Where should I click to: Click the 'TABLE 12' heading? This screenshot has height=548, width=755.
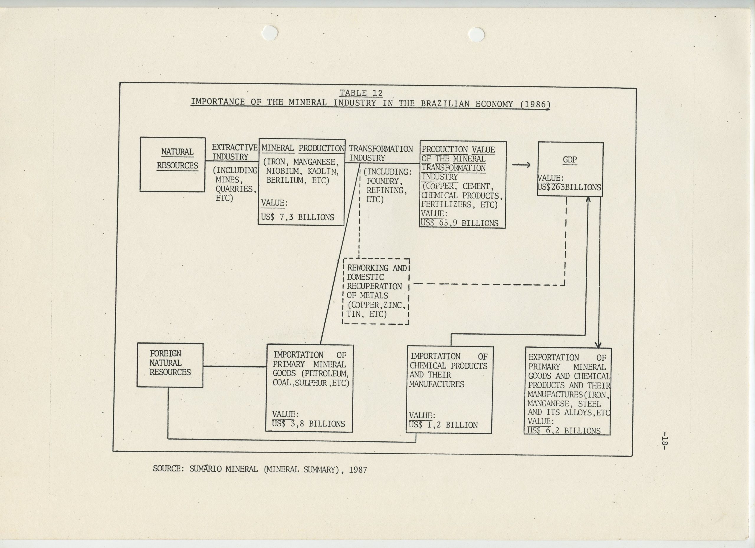click(361, 93)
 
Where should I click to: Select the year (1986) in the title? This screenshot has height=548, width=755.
click(535, 104)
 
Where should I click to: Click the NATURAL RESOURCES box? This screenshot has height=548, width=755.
click(173, 165)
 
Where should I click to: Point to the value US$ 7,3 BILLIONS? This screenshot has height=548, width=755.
click(297, 217)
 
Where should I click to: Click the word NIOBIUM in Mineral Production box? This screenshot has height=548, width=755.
click(283, 171)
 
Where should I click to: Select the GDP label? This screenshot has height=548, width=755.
click(569, 160)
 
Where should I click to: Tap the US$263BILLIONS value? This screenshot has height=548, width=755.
click(569, 187)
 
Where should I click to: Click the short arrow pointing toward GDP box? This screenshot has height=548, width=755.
click(521, 165)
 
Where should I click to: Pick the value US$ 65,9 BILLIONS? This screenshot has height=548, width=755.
click(459, 223)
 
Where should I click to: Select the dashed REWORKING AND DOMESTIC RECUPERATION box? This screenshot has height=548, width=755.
click(375, 291)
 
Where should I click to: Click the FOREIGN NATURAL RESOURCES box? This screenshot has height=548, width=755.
click(170, 365)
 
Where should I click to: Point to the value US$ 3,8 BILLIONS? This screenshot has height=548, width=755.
click(308, 424)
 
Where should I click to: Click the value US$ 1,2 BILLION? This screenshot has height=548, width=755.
click(443, 425)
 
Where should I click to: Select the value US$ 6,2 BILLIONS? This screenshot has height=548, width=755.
click(564, 431)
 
